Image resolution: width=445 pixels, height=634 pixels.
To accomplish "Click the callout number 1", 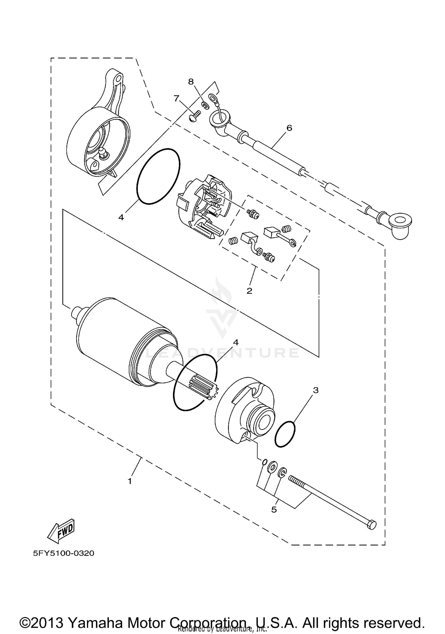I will pyautogui.click(x=130, y=481).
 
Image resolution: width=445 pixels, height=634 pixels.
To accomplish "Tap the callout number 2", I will pyautogui.click(x=249, y=291).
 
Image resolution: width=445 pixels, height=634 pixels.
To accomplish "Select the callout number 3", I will pyautogui.click(x=316, y=390).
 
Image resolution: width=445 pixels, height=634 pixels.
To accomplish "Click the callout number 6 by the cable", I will pyautogui.click(x=289, y=128).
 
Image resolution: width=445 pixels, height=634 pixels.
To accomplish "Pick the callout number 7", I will pyautogui.click(x=177, y=98).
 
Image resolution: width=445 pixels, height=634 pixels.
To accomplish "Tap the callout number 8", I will pyautogui.click(x=191, y=81).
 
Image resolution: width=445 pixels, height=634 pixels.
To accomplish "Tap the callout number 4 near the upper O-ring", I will pyautogui.click(x=121, y=217).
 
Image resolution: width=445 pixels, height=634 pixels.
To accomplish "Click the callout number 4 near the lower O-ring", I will pyautogui.click(x=236, y=342).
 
